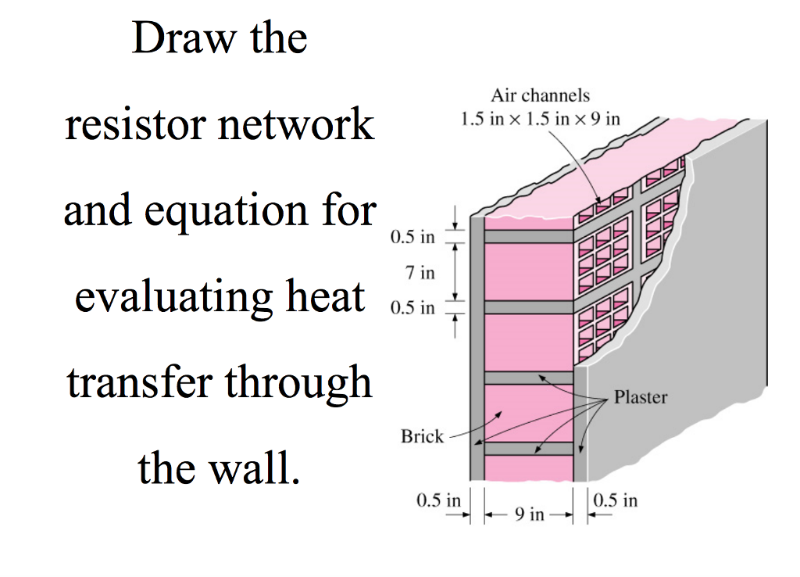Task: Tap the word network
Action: [x=299, y=125]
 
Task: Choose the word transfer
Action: [x=141, y=382]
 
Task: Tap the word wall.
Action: [x=262, y=468]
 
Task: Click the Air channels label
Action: [x=540, y=95]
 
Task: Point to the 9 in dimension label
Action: [x=529, y=514]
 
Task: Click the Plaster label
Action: [x=641, y=397]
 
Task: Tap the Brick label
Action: [x=422, y=436]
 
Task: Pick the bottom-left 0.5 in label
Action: [x=438, y=500]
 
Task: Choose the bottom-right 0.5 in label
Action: [x=616, y=500]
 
